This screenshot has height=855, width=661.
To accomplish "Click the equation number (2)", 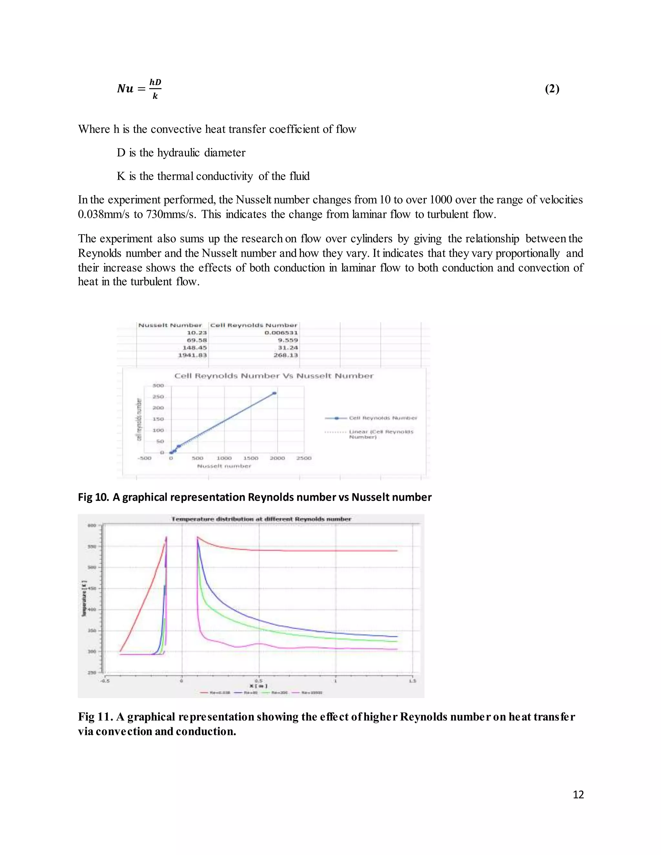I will tap(552, 89).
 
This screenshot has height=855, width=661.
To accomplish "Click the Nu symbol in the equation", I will tap(125, 89).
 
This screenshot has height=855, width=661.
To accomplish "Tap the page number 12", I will tap(578, 794).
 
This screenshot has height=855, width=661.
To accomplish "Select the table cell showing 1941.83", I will tap(192, 355).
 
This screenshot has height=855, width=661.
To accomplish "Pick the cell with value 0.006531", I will tap(281, 333).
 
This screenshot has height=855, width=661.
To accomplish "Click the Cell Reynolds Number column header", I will tap(254, 325).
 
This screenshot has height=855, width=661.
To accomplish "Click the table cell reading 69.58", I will tap(197, 340).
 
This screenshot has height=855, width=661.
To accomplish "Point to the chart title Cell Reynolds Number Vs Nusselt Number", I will tap(274, 376).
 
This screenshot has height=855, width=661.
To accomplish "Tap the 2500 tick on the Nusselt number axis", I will tap(303, 458).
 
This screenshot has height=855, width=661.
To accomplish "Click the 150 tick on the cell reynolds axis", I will tap(158, 419).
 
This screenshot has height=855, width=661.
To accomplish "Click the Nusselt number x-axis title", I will tap(224, 466).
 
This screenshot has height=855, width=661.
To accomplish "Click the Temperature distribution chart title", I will tap(261, 519).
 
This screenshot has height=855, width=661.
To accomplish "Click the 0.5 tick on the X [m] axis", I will tap(259, 681).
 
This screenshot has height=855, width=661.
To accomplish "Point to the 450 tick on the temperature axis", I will tap(91, 588).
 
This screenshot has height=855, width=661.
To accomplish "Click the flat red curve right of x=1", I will tap(364, 551).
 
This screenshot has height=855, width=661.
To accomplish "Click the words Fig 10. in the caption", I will tap(93, 497).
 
